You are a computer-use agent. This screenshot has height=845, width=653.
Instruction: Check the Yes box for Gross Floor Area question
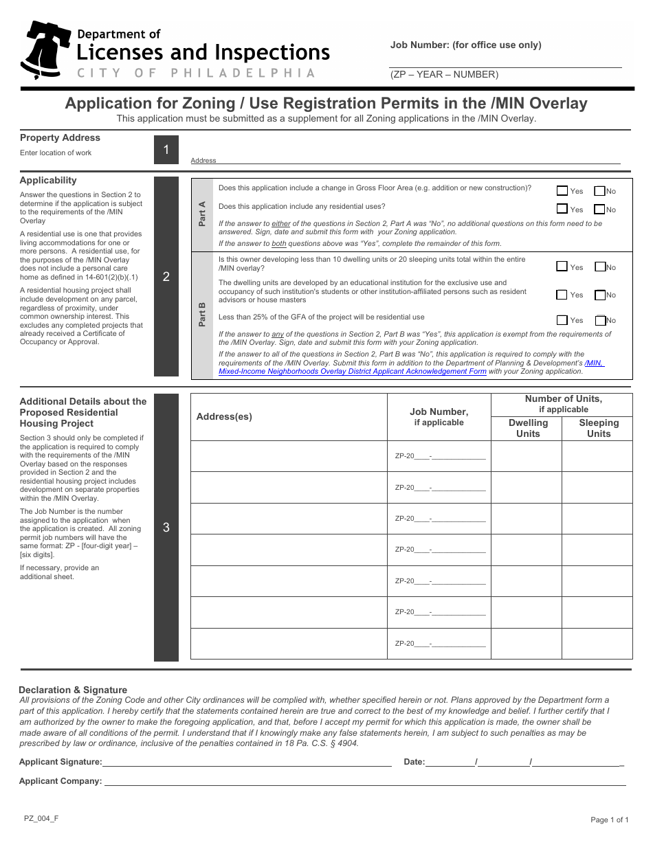562,191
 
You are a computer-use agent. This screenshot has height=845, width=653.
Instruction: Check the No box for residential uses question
599,210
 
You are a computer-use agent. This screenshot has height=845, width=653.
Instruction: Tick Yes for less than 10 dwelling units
562,267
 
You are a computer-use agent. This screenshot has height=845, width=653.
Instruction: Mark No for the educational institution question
600,295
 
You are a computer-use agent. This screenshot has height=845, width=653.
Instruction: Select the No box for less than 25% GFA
600,320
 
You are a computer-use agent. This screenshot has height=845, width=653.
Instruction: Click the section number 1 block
166,150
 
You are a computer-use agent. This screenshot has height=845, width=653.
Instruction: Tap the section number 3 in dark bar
166,528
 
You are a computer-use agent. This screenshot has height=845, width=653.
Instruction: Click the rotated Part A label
202,214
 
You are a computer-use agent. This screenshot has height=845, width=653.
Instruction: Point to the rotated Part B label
202,314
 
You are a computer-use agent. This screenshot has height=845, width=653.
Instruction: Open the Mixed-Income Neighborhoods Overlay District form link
352,372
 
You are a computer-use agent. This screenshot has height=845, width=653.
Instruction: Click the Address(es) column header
224,417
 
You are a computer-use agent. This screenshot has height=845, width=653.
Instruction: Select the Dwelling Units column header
528,428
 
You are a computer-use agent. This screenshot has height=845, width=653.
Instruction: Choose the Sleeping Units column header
599,428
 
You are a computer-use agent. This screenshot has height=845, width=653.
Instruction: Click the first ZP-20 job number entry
440,456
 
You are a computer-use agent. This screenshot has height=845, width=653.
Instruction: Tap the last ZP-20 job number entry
440,644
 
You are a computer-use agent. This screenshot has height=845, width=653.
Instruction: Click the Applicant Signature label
60,762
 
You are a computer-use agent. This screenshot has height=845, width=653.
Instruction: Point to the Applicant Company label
60,781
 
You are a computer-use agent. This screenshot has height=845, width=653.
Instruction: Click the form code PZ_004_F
41,818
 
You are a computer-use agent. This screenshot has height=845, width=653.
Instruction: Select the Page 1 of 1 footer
609,820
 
